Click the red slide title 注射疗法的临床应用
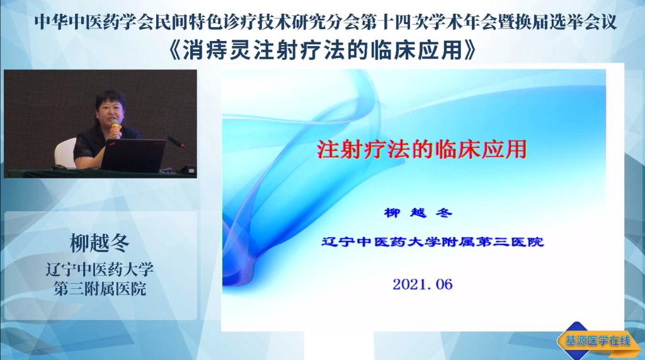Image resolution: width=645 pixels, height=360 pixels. click(421, 149)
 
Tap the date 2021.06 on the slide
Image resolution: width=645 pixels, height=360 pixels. click(423, 284)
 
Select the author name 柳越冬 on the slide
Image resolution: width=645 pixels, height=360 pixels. click(418, 213)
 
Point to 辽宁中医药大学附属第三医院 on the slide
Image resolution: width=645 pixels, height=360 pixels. click(432, 241)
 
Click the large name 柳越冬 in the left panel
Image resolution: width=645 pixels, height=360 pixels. click(100, 243)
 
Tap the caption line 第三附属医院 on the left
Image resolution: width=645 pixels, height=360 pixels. click(100, 289)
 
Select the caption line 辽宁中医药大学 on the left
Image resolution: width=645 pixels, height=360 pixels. click(100, 269)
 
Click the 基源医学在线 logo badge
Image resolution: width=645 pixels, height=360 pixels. click(597, 341)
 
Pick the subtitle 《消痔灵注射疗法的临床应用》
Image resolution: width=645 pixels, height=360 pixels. click(322, 51)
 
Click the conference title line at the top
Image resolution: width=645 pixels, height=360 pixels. click(326, 22)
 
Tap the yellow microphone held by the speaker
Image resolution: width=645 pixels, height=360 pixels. click(117, 129)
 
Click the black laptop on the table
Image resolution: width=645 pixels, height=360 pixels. click(132, 155)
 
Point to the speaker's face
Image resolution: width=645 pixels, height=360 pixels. click(111, 112)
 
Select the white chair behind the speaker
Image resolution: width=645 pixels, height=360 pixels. click(66, 153)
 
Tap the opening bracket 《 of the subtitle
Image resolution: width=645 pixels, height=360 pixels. click(175, 51)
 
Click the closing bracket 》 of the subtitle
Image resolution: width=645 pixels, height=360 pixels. click(470, 51)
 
